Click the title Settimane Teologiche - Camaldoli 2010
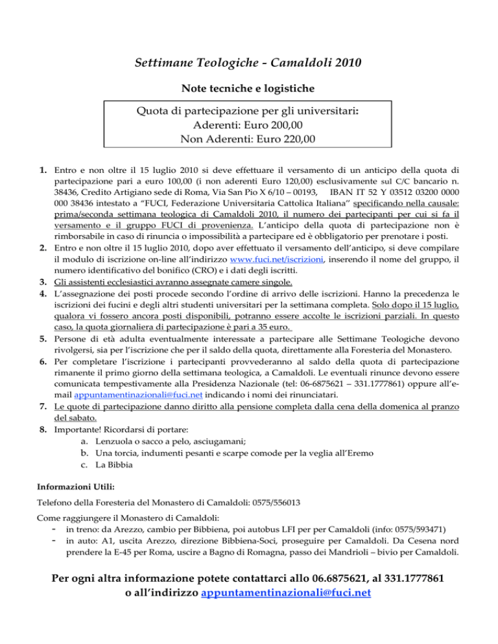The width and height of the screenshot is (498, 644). (249, 63)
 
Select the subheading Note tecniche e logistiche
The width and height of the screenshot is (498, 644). (249, 92)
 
